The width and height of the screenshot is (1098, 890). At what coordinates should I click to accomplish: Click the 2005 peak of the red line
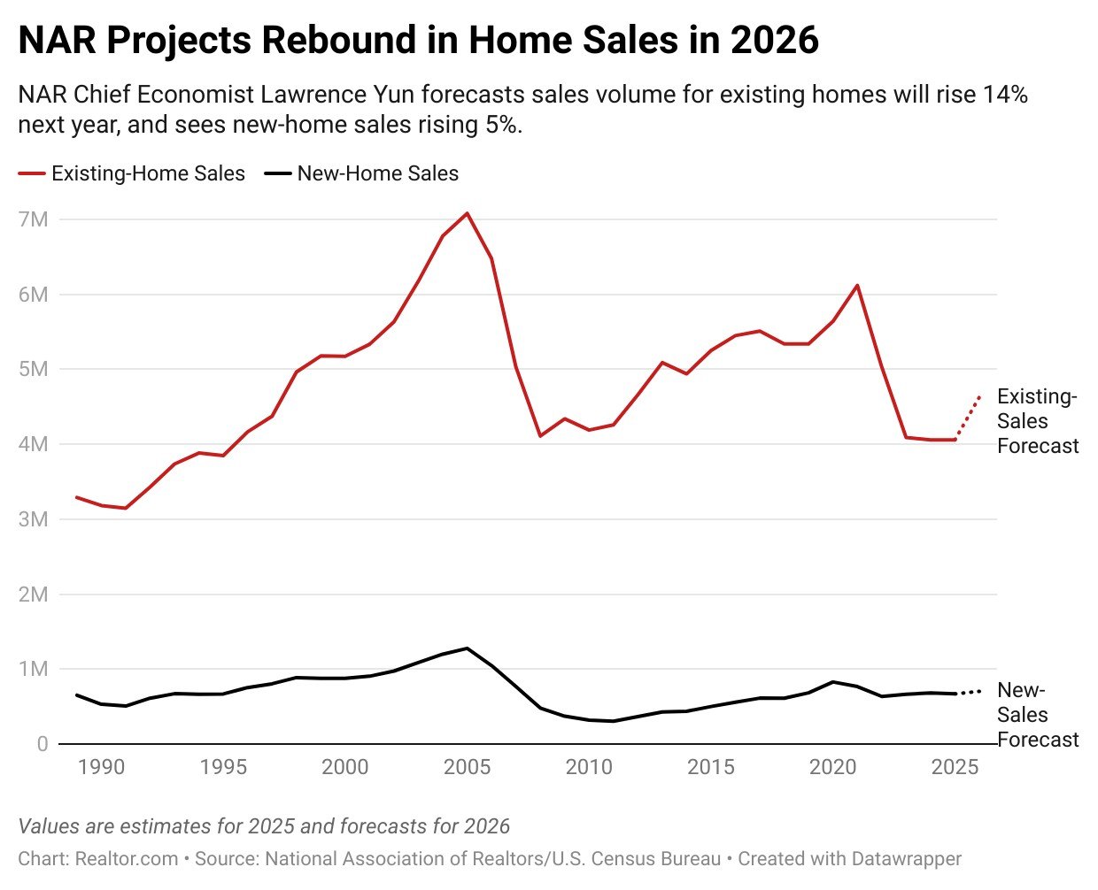(467, 213)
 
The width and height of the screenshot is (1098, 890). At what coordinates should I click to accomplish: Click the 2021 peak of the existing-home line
(857, 286)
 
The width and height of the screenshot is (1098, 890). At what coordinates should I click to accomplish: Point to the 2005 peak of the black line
(467, 648)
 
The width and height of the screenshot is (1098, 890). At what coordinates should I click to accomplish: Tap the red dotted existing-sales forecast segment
(968, 418)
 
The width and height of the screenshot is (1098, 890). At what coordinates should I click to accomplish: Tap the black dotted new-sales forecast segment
(969, 692)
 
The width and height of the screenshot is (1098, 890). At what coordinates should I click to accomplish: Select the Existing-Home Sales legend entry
(132, 173)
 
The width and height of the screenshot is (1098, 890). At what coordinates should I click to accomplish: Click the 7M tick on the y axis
(33, 219)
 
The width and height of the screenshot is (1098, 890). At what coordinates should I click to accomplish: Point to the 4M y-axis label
(33, 444)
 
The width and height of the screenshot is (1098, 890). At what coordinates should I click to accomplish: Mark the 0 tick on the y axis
(43, 744)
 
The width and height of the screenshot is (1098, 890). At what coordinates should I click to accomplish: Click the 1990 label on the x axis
(101, 767)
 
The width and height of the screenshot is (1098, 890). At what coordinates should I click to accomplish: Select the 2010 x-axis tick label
(589, 767)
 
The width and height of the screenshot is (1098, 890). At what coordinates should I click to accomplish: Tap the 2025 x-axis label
(955, 767)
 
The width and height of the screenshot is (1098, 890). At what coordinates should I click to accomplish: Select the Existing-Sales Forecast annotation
(1037, 421)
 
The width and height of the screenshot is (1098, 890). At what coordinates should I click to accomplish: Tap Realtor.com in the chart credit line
(127, 858)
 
